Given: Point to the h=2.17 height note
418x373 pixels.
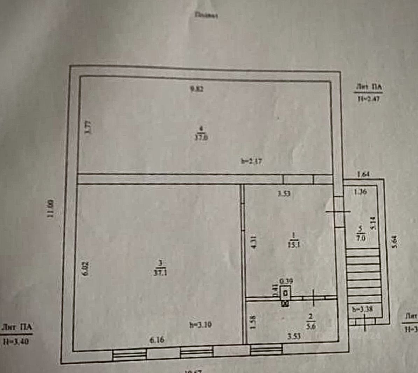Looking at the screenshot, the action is tap(251, 161).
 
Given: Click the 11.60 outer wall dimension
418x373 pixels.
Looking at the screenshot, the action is tap(51, 209).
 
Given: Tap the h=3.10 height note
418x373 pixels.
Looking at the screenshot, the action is tap(200, 325).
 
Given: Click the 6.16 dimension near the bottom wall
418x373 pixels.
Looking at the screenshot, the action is tap(157, 339).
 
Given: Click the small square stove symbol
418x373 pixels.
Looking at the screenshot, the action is tap(286, 292).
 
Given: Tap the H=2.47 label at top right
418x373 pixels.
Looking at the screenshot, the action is tap(369, 99).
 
